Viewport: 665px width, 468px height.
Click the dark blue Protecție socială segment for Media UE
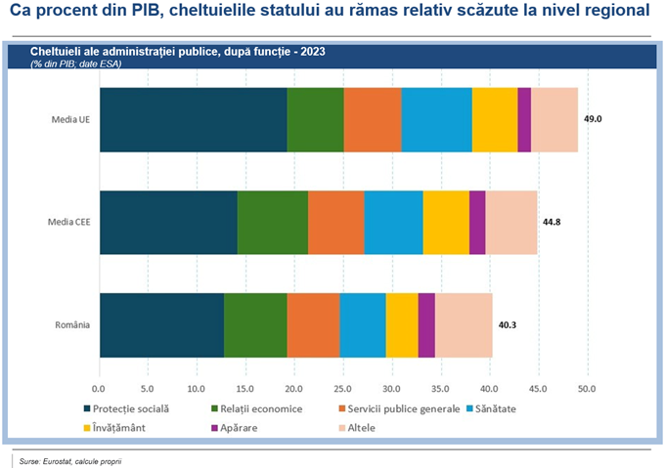[x=193, y=119]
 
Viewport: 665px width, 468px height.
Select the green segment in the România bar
[x=255, y=325]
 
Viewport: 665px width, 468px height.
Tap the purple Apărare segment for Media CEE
[x=477, y=222]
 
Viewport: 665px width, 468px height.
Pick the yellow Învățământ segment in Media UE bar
[x=495, y=119]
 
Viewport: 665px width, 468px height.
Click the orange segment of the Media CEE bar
[x=336, y=222]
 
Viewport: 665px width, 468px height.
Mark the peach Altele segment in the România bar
[x=464, y=325]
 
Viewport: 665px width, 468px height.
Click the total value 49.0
[x=593, y=118]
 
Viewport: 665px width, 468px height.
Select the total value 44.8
[x=552, y=222]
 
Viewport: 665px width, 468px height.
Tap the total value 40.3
[x=509, y=325]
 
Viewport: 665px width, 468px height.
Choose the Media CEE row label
[x=68, y=222]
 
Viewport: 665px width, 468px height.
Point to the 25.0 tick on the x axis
[x=342, y=388]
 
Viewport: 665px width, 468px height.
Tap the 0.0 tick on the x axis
[x=99, y=388]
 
